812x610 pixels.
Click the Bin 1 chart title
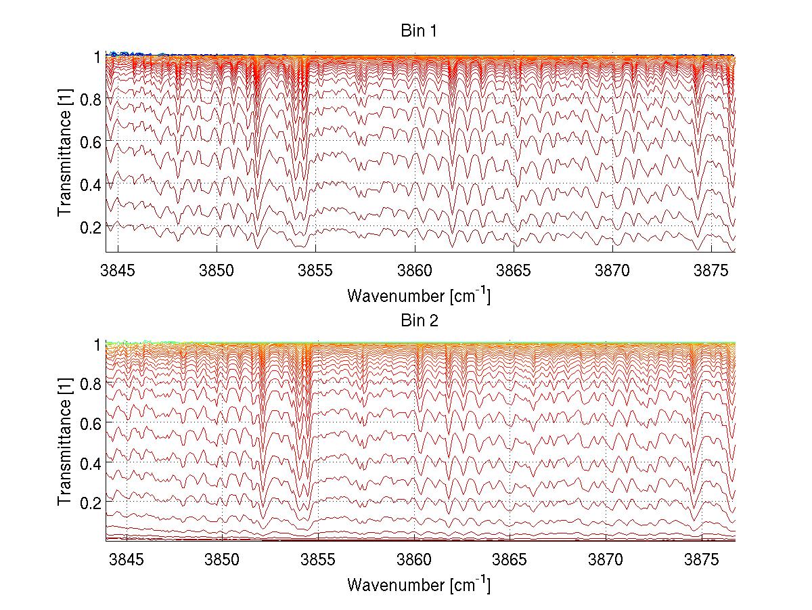[419, 31]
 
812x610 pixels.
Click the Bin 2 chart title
[419, 320]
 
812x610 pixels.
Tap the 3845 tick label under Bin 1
[118, 270]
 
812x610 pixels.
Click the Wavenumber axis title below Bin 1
[419, 295]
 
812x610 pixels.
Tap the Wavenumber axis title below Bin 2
[419, 584]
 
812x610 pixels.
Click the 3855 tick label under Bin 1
[315, 270]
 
